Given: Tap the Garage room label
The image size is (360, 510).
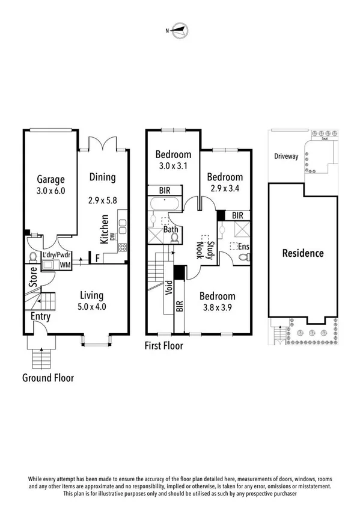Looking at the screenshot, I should pyautogui.click(x=50, y=179).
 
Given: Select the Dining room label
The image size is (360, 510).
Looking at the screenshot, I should pyautogui.click(x=102, y=177).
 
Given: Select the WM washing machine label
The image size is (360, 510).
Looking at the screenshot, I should pyautogui.click(x=64, y=264).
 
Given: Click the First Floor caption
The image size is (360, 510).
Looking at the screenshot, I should pyautogui.click(x=164, y=346).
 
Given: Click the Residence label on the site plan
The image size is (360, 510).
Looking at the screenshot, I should pyautogui.click(x=303, y=253).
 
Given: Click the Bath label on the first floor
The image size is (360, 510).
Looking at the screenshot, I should pyautogui.click(x=169, y=230).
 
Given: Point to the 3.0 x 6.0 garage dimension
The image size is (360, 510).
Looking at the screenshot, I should pyautogui.click(x=50, y=191).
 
